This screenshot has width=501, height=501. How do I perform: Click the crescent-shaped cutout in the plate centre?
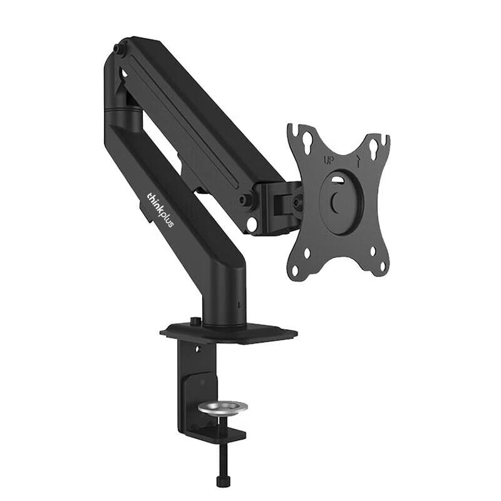[337, 202]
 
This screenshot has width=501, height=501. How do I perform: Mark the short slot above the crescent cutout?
[338, 181]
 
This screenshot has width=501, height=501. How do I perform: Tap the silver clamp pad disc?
[222, 408]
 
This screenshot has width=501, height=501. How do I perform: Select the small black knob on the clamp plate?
[195, 322]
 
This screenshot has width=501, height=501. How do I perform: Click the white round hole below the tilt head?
[252, 224]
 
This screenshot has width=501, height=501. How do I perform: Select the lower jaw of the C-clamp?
[213, 432]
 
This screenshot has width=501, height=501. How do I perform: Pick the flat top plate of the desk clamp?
[229, 333]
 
